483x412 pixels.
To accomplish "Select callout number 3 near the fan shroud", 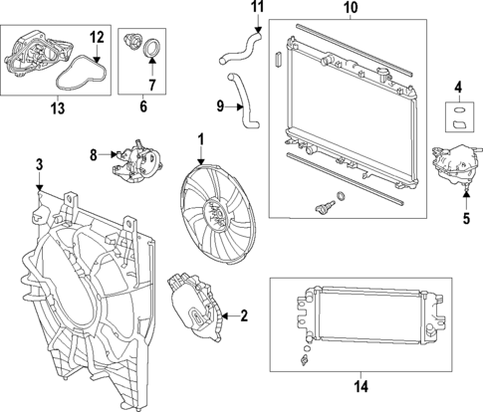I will (x=39, y=163).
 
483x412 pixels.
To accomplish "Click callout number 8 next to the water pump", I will (x=94, y=155).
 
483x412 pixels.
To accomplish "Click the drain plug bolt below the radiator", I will (x=321, y=208).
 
